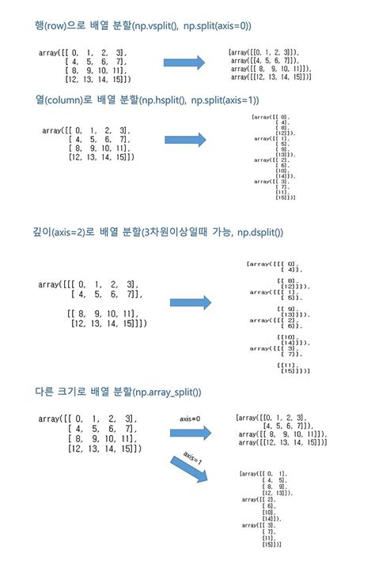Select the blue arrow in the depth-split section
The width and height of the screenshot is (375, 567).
pos(191,302)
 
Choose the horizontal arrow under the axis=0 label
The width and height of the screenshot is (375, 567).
pos(191,432)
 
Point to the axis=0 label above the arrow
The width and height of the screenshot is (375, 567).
pos(191,418)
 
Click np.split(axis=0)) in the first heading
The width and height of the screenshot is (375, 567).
pos(217,26)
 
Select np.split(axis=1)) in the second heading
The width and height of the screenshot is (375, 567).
pos(225,100)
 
